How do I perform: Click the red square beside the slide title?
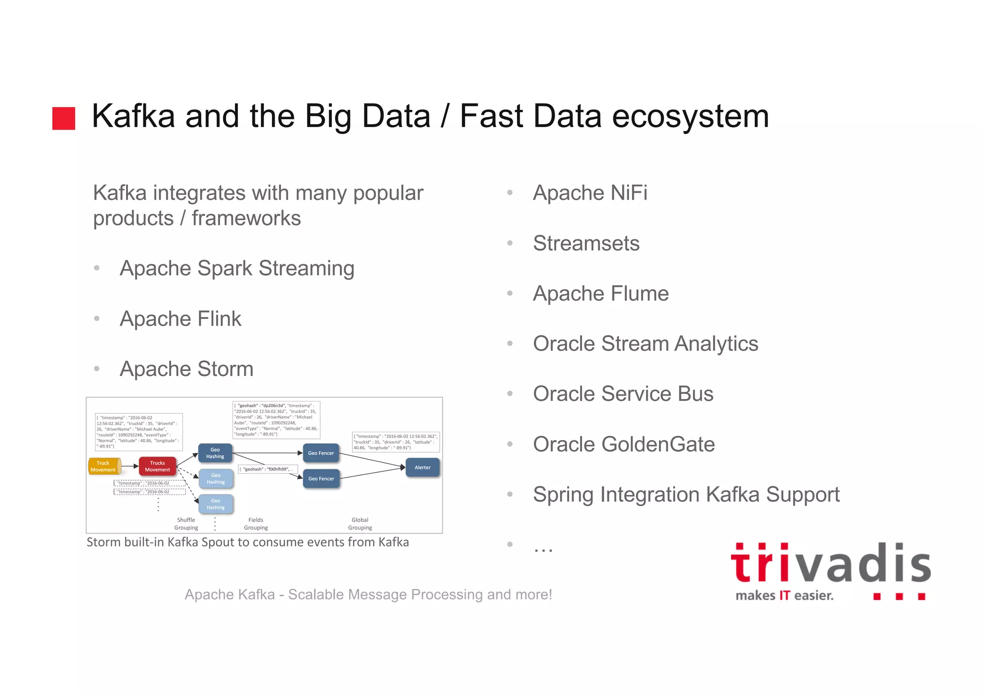[63, 118]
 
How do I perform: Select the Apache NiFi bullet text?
[590, 193]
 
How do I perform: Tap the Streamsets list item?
[586, 243]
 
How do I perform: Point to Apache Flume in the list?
[600, 294]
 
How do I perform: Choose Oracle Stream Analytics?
[645, 344]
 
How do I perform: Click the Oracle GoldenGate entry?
[623, 445]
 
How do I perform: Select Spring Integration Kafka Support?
[686, 495]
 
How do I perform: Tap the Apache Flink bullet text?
[180, 319]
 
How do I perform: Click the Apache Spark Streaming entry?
[237, 269]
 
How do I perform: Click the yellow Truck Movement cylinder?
[104, 466]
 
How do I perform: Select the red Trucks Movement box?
[157, 466]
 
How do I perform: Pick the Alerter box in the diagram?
[422, 468]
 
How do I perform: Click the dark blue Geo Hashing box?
[215, 453]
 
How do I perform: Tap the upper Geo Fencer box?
[321, 453]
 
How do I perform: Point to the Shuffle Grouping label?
[186, 524]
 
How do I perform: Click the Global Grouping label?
[360, 524]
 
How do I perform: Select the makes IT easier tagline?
[784, 596]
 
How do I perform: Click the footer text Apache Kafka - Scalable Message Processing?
[368, 595]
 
